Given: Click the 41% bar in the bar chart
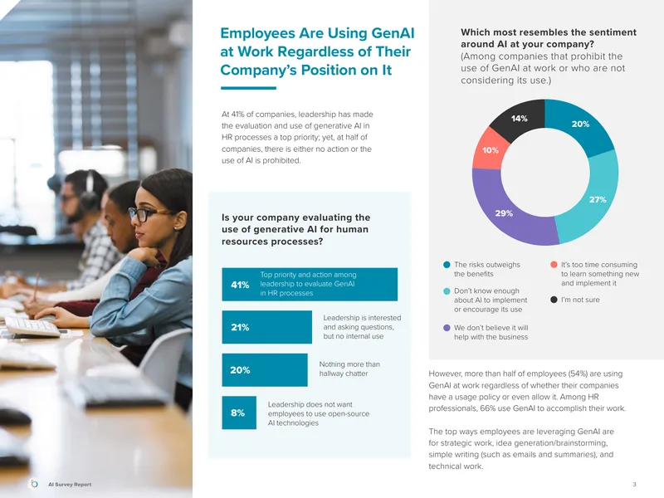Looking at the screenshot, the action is pyautogui.click(x=310, y=284).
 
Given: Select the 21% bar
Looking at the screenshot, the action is pyautogui.click(x=266, y=327).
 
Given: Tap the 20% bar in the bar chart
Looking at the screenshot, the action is pyautogui.click(x=265, y=369).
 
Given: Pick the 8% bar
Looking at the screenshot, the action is pyautogui.click(x=239, y=413).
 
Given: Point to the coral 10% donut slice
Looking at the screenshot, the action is pyautogui.click(x=490, y=149).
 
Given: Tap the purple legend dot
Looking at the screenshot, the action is pyautogui.click(x=447, y=328).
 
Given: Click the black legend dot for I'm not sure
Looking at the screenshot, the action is pyautogui.click(x=554, y=300).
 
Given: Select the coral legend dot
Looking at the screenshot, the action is pyautogui.click(x=554, y=265).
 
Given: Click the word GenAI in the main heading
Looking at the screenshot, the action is pyautogui.click(x=393, y=33).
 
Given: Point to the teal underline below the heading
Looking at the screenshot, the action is pyautogui.click(x=248, y=88).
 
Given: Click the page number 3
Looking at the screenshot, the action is pyautogui.click(x=634, y=484).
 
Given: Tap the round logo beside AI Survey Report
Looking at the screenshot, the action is pyautogui.click(x=35, y=484).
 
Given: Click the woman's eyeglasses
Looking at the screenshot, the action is pyautogui.click(x=149, y=214).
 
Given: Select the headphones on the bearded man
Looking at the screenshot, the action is pyautogui.click(x=88, y=191).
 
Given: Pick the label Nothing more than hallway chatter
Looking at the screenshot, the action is pyautogui.click(x=349, y=369).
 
